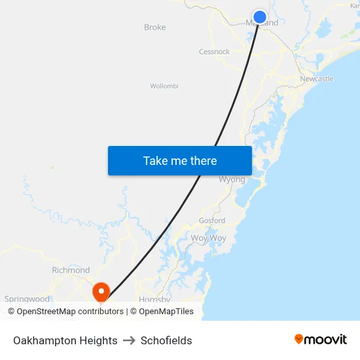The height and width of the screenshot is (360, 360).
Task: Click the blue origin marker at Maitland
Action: tap(260, 17)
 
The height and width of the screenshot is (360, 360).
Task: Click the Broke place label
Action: tap(155, 27)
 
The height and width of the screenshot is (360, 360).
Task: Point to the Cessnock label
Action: tap(214, 52)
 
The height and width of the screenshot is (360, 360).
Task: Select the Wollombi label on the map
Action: tap(164, 86)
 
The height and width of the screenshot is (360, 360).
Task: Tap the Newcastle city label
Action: tap(317, 79)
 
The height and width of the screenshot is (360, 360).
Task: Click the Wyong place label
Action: tap(232, 179)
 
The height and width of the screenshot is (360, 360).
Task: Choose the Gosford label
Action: tap(212, 221)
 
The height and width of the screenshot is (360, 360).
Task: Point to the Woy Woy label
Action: tap(208, 238)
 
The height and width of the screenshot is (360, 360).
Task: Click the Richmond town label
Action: tap(71, 270)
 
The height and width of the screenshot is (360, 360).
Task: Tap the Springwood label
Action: tap(27, 299)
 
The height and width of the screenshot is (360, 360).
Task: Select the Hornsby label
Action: tap(155, 300)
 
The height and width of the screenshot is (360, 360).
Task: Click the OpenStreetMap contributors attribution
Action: tap(65, 312)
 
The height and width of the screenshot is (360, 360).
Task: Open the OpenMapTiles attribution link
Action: tap(162, 312)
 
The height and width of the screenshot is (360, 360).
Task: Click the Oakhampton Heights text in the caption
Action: tap(65, 340)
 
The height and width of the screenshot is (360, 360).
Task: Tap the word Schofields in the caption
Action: tap(166, 340)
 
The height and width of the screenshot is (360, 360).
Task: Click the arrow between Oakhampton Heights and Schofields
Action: tap(129, 340)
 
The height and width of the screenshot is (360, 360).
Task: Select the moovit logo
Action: tap(321, 339)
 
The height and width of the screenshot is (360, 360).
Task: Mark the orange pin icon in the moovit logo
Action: tap(299, 339)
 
